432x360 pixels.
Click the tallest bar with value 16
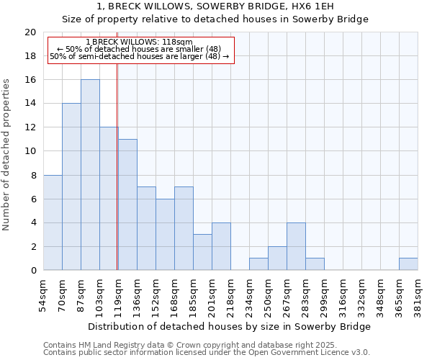[90, 175]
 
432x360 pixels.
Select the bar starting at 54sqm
[53, 222]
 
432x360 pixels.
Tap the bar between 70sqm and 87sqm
[71, 186]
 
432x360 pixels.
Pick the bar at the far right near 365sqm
[408, 264]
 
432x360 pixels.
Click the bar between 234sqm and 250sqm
[258, 264]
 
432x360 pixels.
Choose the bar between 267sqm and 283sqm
[296, 246]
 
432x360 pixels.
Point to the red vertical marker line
[117, 180]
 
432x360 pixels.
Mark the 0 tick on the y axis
[32, 270]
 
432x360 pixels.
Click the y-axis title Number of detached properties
[7, 155]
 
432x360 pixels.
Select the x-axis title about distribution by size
[230, 326]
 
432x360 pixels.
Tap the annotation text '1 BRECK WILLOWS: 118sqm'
[139, 42]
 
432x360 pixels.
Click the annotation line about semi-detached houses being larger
[139, 56]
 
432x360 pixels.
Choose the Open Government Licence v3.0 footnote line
[207, 352]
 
